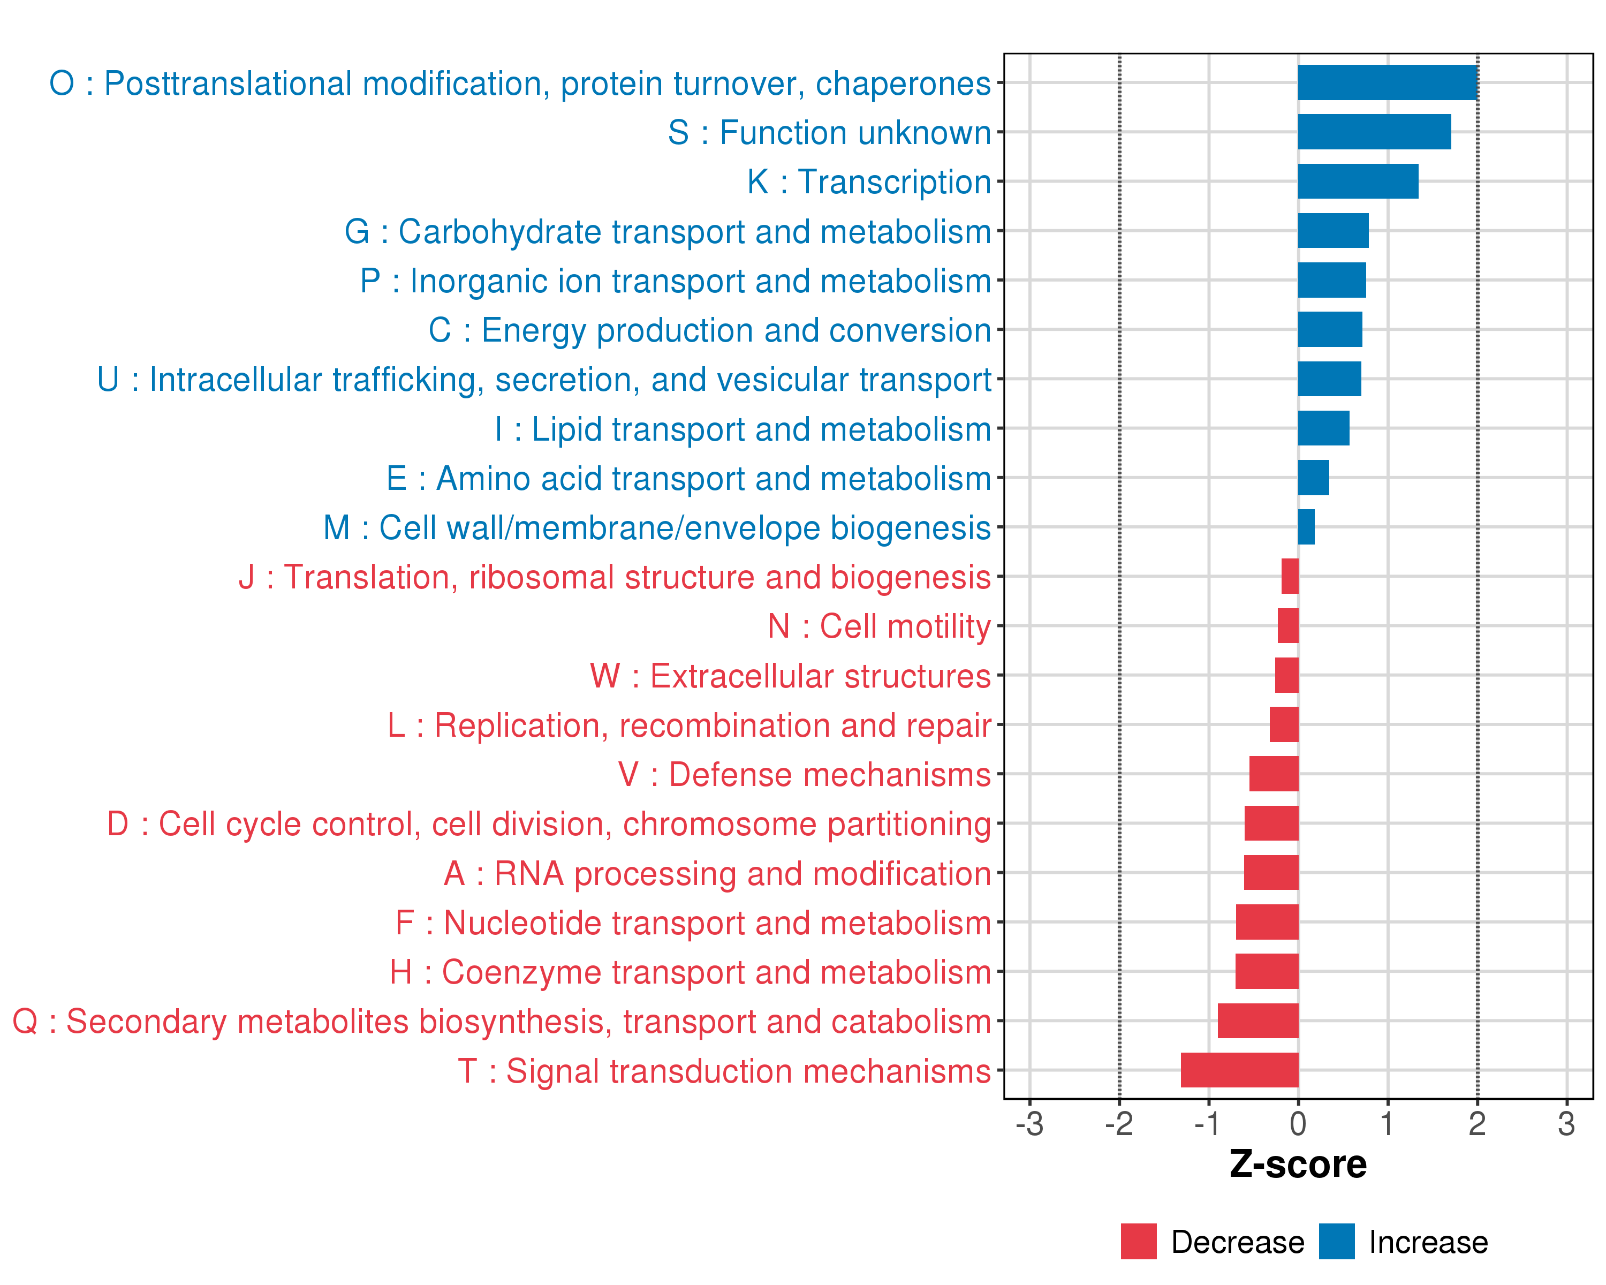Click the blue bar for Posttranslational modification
1387,82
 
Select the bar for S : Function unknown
1374,132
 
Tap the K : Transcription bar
1358,182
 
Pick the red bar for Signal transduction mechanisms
1239,1070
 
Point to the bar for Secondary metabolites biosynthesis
1258,1021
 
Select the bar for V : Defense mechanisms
1274,774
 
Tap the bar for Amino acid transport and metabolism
1313,478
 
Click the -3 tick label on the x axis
1029,1123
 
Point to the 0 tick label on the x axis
1298,1123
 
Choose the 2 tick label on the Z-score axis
1477,1123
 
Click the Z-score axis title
1298,1165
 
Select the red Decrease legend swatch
1138,1242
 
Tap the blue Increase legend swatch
1336,1242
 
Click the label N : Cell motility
879,626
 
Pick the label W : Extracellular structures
790,676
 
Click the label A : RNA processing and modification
717,874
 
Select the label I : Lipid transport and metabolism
743,429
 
